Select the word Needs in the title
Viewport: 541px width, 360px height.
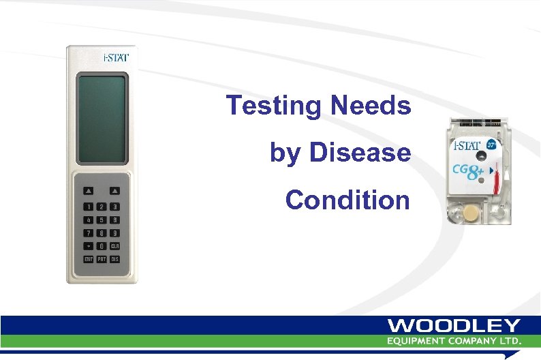tap(371, 106)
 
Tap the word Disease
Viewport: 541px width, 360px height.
tap(360, 153)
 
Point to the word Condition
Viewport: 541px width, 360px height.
tap(347, 200)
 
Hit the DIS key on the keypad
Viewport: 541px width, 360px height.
tap(115, 260)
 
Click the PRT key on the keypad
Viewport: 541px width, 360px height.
tap(102, 260)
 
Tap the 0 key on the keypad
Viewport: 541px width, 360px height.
tap(102, 246)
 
